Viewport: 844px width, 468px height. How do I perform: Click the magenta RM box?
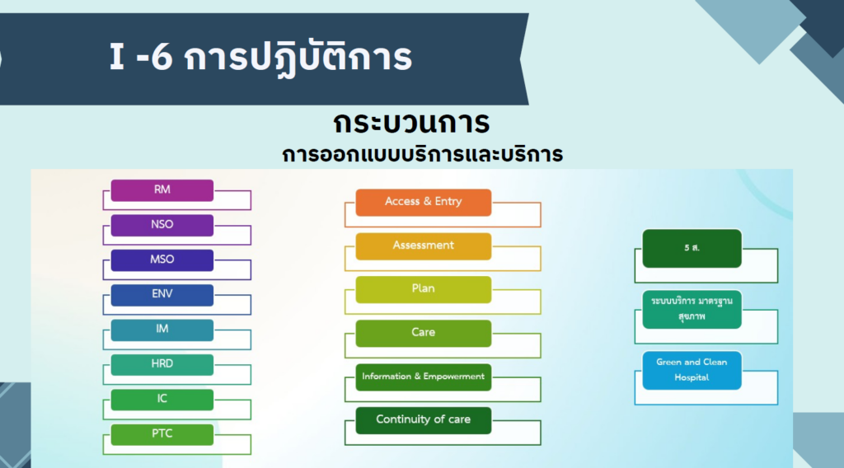162,190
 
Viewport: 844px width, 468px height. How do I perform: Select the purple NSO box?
162,226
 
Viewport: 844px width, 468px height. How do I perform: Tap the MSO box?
162,260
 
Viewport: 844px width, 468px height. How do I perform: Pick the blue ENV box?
162,295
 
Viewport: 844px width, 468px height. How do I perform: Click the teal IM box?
162,330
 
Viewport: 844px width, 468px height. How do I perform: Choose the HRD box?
162,365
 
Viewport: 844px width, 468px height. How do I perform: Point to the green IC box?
162,400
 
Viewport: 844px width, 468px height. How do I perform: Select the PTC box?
162,435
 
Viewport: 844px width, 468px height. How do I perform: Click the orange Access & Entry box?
424,202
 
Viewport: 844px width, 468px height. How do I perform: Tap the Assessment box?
424,246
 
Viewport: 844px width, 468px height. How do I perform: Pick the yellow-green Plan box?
424,289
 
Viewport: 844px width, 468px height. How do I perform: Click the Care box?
424,334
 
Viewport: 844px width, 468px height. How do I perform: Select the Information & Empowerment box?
424,377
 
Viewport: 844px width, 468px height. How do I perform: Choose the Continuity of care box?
424,420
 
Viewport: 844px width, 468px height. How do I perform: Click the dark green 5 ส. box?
692,249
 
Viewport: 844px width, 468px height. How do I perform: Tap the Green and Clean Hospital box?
692,371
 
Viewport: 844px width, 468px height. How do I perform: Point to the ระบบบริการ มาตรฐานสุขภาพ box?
692,309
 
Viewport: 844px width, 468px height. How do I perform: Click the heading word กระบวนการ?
411,123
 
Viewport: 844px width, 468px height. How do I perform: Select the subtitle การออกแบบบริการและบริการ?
423,155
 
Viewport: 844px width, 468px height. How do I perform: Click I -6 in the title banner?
141,57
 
